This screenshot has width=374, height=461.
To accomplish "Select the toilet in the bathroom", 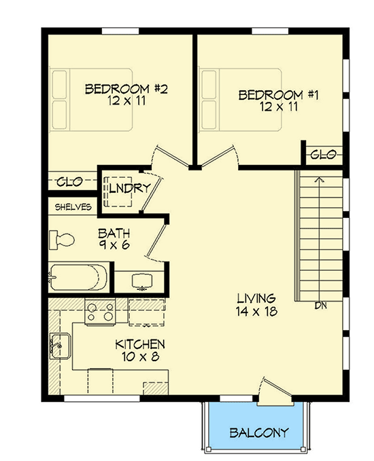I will point(61,240).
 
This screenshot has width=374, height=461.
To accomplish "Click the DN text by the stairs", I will point(321,306).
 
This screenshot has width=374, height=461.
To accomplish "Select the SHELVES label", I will point(70,208).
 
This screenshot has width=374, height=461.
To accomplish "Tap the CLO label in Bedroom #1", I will point(322,155).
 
